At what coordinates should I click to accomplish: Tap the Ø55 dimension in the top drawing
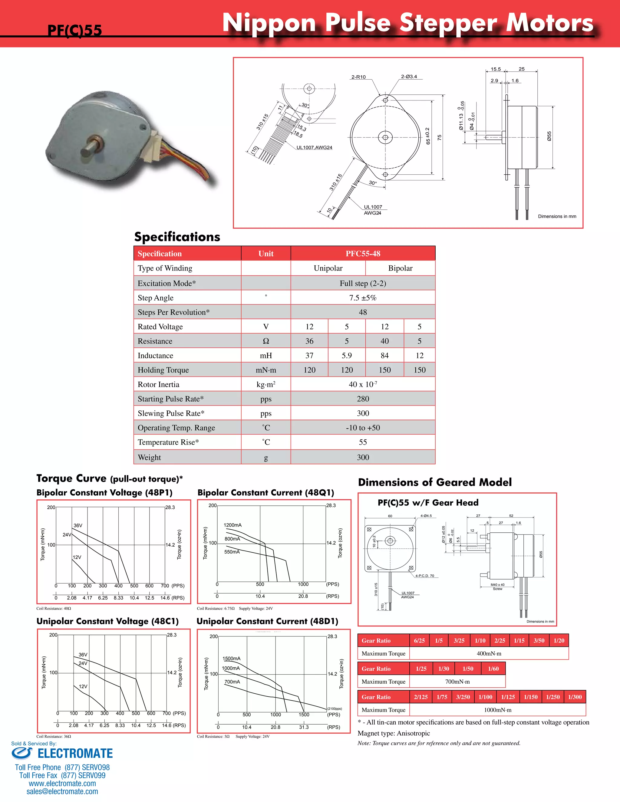549,136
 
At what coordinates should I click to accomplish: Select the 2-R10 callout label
358,77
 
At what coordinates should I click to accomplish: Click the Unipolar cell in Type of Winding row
328,268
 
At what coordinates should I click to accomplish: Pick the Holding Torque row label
163,370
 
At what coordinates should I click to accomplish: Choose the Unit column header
265,254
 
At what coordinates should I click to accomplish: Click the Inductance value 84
384,356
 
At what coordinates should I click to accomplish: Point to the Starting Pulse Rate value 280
363,399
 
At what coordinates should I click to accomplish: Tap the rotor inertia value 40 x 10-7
363,384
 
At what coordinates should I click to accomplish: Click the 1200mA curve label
232,525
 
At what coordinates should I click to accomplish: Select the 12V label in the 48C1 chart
83,686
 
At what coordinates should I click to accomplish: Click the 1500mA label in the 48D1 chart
231,659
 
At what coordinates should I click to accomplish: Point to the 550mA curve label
232,552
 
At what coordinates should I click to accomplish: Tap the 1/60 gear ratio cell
493,669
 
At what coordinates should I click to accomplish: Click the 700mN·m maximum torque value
457,682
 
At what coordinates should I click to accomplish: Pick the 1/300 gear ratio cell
575,697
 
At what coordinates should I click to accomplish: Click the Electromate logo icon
22,753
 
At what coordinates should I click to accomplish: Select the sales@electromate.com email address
62,792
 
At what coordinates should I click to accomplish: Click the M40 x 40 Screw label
497,587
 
